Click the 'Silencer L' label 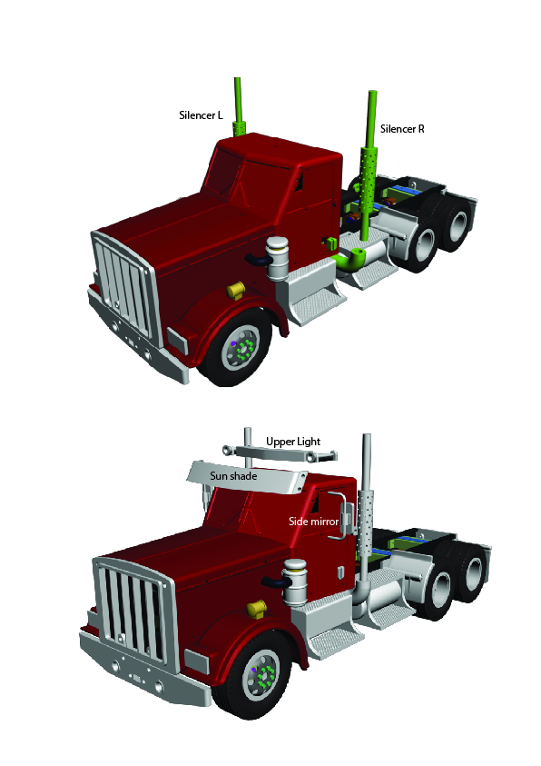201,115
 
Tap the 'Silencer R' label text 402,129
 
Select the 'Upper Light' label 293,442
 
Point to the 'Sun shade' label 233,476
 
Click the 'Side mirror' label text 313,522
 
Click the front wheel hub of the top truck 241,348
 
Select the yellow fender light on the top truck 236,290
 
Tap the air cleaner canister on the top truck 277,258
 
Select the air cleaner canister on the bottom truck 295,582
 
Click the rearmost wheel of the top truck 457,224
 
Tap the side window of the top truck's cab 299,180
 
